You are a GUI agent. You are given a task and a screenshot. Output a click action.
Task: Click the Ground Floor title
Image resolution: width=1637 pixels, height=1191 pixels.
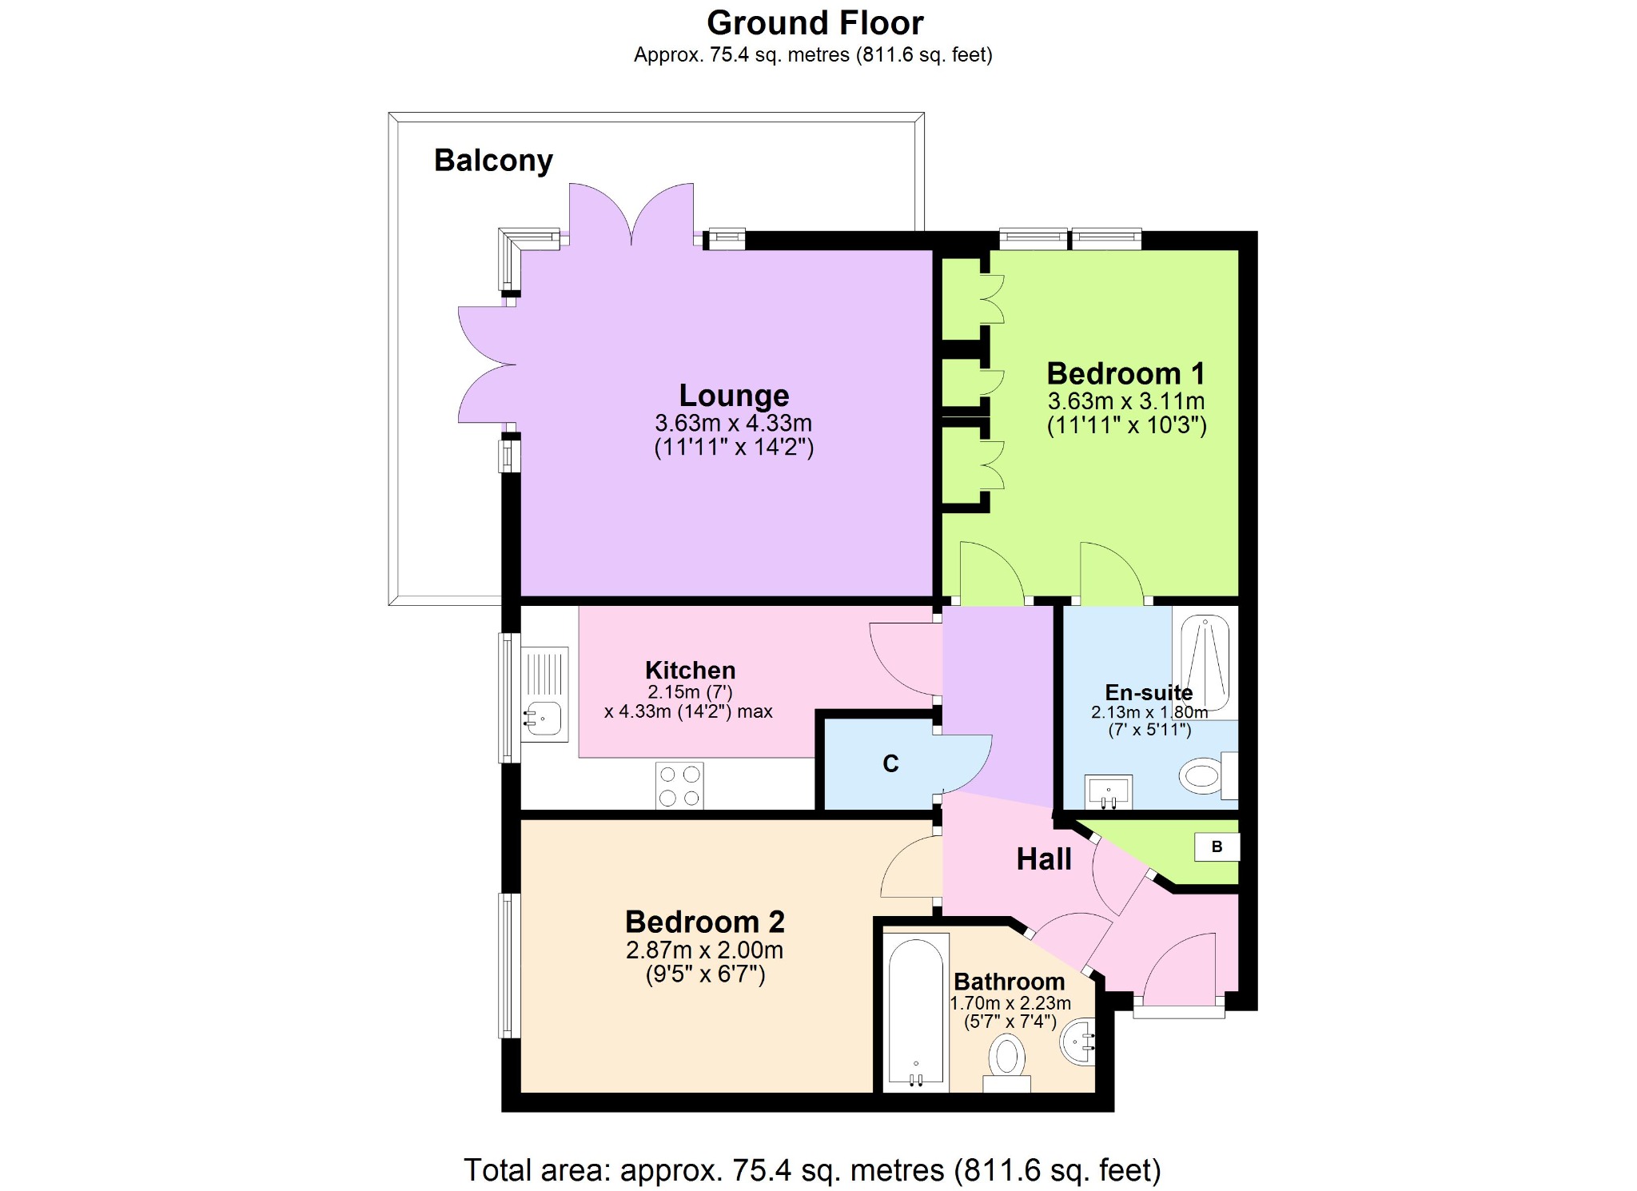(815, 23)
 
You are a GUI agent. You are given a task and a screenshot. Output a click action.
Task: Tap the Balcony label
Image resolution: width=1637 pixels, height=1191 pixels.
(493, 161)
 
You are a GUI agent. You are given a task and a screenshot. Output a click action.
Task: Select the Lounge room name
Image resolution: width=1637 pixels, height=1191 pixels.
(734, 396)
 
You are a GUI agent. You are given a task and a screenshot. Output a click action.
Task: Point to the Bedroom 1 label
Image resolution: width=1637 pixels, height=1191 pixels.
(1125, 373)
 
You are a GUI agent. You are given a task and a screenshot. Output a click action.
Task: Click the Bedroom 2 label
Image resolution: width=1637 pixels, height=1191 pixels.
(704, 922)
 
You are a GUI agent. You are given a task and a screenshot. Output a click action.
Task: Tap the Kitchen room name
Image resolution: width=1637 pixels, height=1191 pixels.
(690, 670)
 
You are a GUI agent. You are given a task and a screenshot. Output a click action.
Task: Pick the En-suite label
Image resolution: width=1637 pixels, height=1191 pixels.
(1149, 692)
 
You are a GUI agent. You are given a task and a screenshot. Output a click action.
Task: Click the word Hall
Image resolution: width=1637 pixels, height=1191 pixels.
(1044, 859)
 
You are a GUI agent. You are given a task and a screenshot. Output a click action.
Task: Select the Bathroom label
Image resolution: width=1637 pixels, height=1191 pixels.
(1009, 982)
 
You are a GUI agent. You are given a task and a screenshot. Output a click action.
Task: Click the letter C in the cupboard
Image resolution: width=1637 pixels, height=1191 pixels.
(890, 764)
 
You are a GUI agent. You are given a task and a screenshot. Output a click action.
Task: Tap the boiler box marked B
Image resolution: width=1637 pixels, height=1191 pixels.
(1217, 847)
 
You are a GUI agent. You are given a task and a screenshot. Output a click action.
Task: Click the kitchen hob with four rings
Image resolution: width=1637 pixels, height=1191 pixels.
(679, 785)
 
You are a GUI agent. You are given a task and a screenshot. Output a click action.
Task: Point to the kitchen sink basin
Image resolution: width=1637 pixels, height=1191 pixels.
(544, 719)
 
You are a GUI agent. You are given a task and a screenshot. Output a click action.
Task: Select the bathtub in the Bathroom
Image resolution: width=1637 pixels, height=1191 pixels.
(916, 1013)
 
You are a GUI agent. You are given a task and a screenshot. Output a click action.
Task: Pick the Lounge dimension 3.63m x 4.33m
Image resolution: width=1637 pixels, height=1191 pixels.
(733, 423)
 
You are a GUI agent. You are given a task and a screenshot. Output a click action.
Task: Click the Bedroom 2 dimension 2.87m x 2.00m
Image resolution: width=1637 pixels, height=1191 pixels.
(704, 950)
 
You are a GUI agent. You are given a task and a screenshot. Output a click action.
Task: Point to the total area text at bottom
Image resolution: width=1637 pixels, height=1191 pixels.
(812, 1170)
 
